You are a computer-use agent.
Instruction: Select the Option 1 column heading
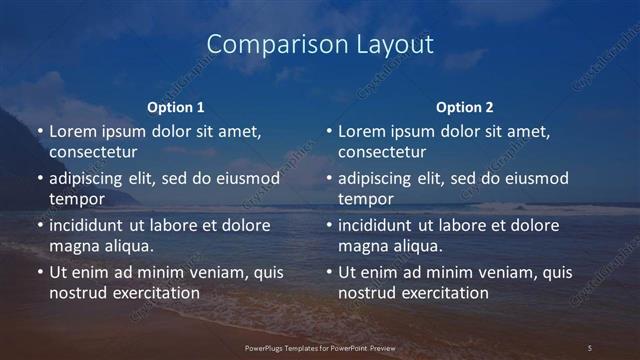(x=176, y=107)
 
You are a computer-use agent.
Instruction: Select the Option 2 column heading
(x=465, y=107)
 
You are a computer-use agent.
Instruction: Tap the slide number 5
(x=589, y=347)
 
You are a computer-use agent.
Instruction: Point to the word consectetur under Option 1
(x=93, y=153)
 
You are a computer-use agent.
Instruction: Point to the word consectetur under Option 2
(x=382, y=153)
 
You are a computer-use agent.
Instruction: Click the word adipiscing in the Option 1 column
(x=87, y=178)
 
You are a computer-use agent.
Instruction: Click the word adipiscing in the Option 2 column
(x=376, y=178)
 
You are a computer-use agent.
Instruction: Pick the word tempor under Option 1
(x=77, y=200)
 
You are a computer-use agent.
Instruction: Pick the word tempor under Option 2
(x=366, y=200)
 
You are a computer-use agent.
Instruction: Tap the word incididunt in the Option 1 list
(x=87, y=225)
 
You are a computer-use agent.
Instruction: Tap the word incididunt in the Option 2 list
(x=376, y=225)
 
